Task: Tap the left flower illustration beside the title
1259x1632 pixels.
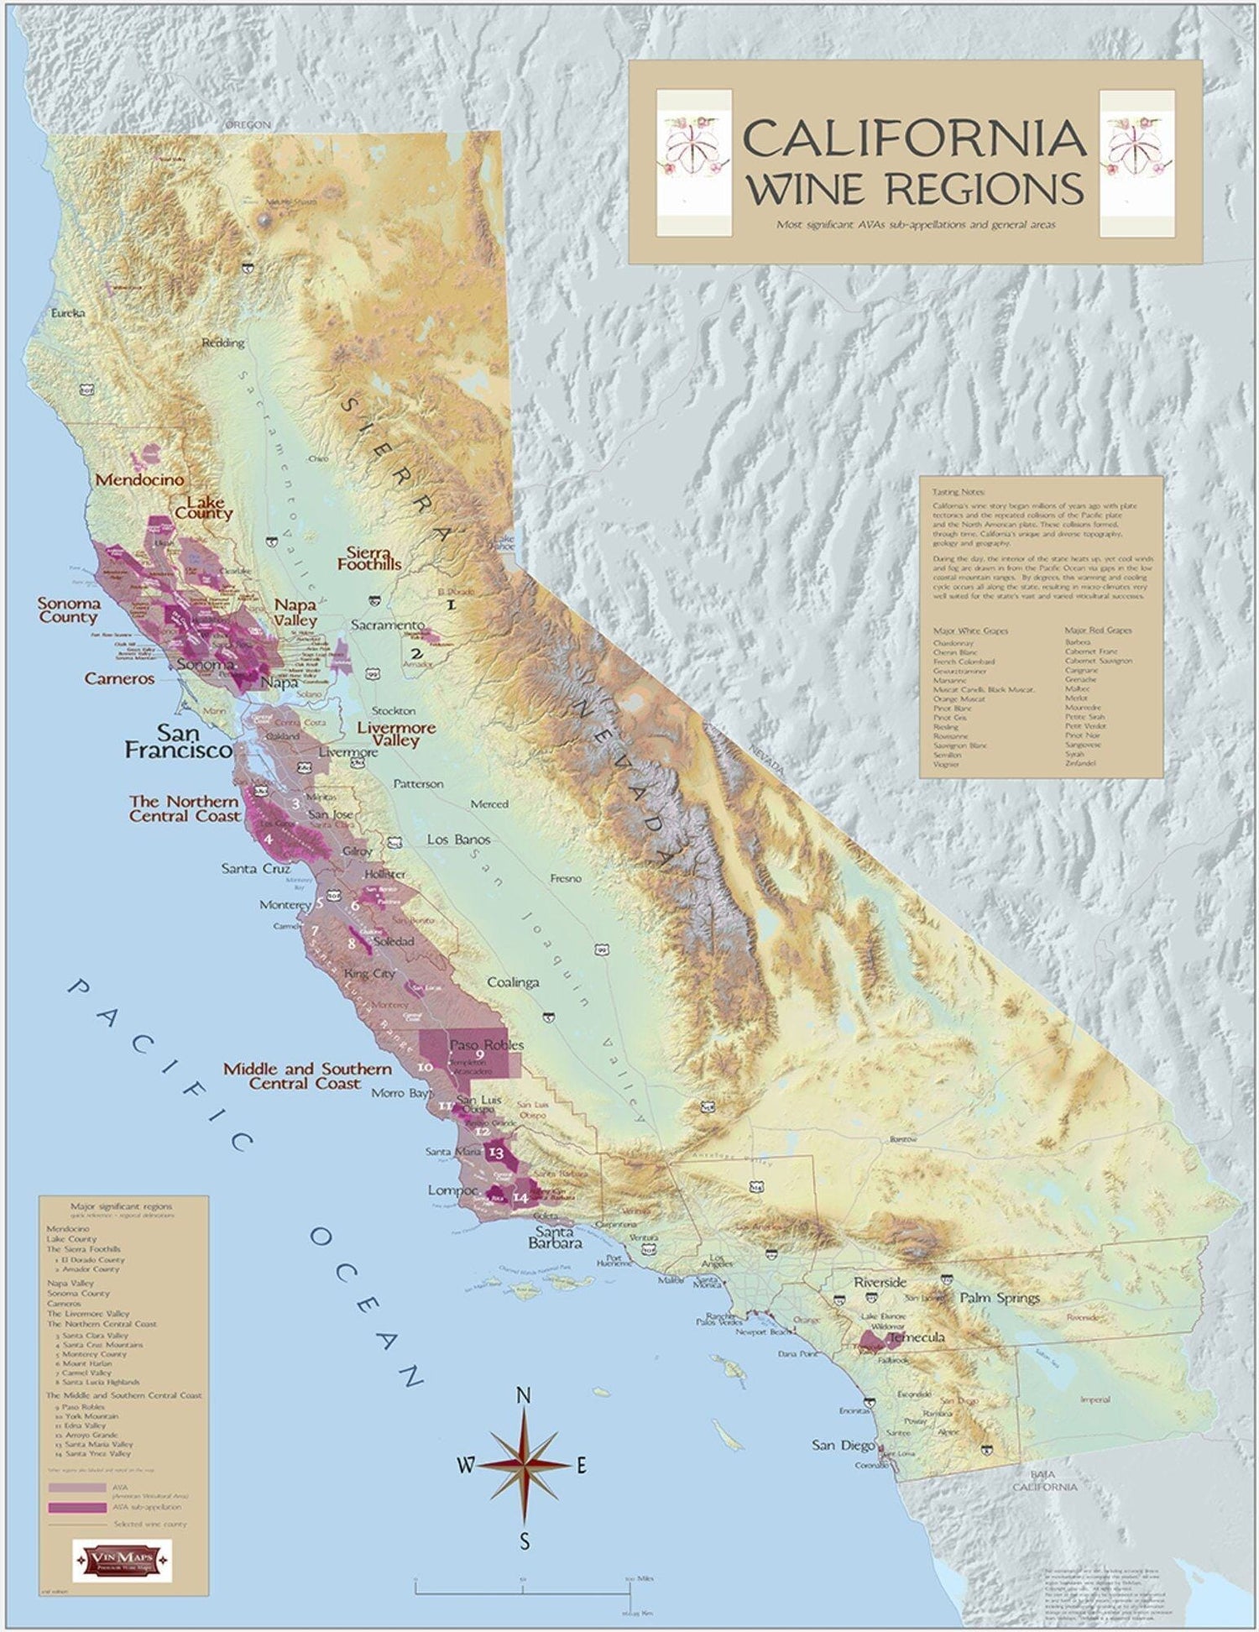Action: point(694,163)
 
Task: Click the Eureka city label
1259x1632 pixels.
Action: point(68,313)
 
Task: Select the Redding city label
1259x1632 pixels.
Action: point(223,343)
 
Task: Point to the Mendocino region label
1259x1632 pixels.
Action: point(139,480)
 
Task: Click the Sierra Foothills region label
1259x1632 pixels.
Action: point(369,558)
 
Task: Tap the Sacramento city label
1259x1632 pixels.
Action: point(388,625)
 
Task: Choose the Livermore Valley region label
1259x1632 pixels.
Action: point(396,735)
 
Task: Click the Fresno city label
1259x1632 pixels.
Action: point(566,878)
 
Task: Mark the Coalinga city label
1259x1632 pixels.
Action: point(513,982)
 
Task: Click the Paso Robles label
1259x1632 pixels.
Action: point(486,1045)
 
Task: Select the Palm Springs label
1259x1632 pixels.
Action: point(999,1298)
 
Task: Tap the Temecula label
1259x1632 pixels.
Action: point(916,1336)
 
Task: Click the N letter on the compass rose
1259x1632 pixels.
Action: point(524,1395)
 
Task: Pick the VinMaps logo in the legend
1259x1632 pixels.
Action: point(123,1560)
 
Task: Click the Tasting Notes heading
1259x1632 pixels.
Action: point(959,492)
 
